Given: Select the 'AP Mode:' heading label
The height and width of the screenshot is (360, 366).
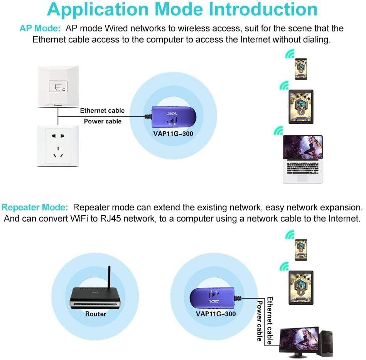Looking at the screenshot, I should pyautogui.click(x=40, y=28).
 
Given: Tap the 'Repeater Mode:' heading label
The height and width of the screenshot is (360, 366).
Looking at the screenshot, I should pyautogui.click(x=35, y=208).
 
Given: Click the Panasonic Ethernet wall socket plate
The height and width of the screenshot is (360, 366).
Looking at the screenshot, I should pyautogui.click(x=58, y=86).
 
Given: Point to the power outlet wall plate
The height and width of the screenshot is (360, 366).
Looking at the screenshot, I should pyautogui.click(x=58, y=145).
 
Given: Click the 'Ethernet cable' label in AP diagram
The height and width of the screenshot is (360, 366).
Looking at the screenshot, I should pyautogui.click(x=102, y=110).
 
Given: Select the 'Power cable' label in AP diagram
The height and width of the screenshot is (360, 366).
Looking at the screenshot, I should pyautogui.click(x=103, y=121).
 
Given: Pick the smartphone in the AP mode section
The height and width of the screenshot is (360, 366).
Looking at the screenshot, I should pyautogui.click(x=301, y=69).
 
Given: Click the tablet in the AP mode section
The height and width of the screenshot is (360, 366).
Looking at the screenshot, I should pyautogui.click(x=301, y=108).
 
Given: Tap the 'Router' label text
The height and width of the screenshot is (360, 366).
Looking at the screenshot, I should pyautogui.click(x=96, y=314).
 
